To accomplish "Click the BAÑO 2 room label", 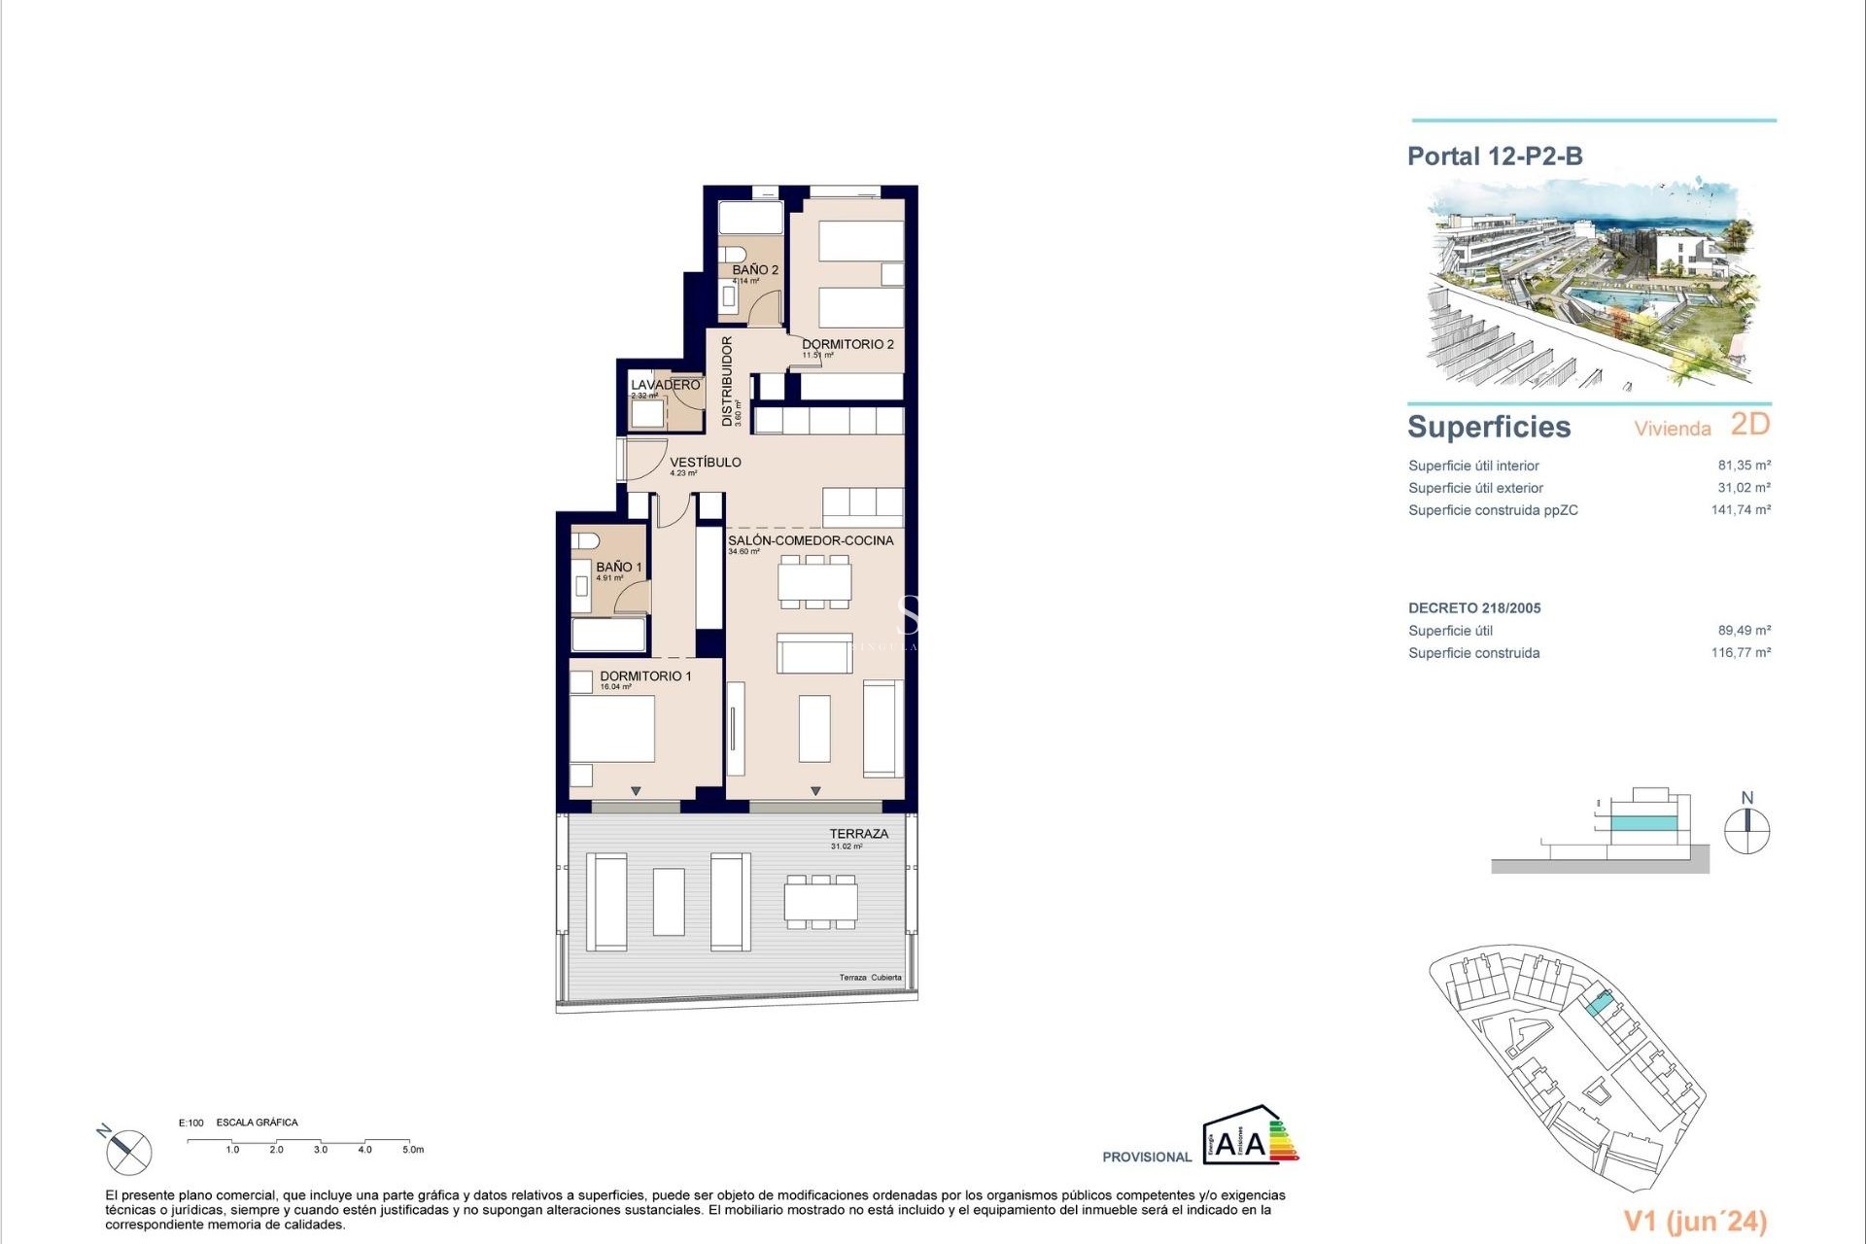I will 755,270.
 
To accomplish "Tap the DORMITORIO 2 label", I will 847,344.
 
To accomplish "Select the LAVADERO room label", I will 665,385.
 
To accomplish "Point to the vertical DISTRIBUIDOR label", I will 727,381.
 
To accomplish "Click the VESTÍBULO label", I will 706,463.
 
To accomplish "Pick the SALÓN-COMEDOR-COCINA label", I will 811,540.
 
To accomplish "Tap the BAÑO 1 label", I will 619,567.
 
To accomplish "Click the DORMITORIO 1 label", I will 645,675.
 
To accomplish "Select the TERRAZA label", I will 858,834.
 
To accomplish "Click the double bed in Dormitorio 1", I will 612,728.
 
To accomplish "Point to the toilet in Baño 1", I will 585,540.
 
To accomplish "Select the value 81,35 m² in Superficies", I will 1744,466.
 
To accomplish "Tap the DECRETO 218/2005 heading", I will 1474,608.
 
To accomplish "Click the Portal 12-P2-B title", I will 1495,156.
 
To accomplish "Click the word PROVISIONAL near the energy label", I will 1147,1158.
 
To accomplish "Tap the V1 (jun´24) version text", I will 1695,1222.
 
